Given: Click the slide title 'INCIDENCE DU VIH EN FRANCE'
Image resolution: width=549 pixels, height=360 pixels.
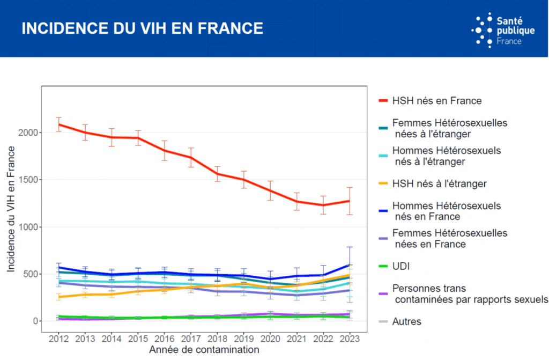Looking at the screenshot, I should pyautogui.click(x=142, y=28).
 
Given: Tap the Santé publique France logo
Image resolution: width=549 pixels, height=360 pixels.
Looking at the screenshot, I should pyautogui.click(x=502, y=30).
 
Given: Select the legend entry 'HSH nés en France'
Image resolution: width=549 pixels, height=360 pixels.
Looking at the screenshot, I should pyautogui.click(x=436, y=100).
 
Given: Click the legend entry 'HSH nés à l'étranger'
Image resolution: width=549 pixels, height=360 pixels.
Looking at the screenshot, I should pyautogui.click(x=439, y=183).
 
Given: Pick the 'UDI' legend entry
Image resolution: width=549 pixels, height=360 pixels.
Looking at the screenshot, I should pyautogui.click(x=401, y=266).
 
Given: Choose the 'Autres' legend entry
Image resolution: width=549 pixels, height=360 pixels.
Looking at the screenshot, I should pyautogui.click(x=407, y=321).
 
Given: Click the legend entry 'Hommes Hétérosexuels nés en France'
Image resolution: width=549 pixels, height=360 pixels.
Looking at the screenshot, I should pyautogui.click(x=446, y=211).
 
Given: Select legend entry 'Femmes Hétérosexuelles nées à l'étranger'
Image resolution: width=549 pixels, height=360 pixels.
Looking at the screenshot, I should pyautogui.click(x=449, y=128).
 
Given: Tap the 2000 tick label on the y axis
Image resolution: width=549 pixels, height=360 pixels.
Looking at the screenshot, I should pyautogui.click(x=29, y=133).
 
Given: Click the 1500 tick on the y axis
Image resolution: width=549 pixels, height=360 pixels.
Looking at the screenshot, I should pyautogui.click(x=29, y=180).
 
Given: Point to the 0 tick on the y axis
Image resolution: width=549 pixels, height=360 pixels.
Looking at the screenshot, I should pyautogui.click(x=36, y=321).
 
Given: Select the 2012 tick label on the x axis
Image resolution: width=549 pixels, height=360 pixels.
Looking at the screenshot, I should pyautogui.click(x=58, y=339).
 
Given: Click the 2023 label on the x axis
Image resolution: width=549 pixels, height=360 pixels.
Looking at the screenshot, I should pyautogui.click(x=349, y=339).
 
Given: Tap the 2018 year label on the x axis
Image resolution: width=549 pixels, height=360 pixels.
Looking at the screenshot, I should pyautogui.click(x=217, y=339).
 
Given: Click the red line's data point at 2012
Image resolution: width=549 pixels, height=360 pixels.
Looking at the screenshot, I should pyautogui.click(x=58, y=124).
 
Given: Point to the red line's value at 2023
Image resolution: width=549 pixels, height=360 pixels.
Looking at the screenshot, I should pyautogui.click(x=349, y=201).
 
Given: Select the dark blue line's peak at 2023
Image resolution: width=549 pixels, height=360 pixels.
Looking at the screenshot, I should pyautogui.click(x=349, y=265).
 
